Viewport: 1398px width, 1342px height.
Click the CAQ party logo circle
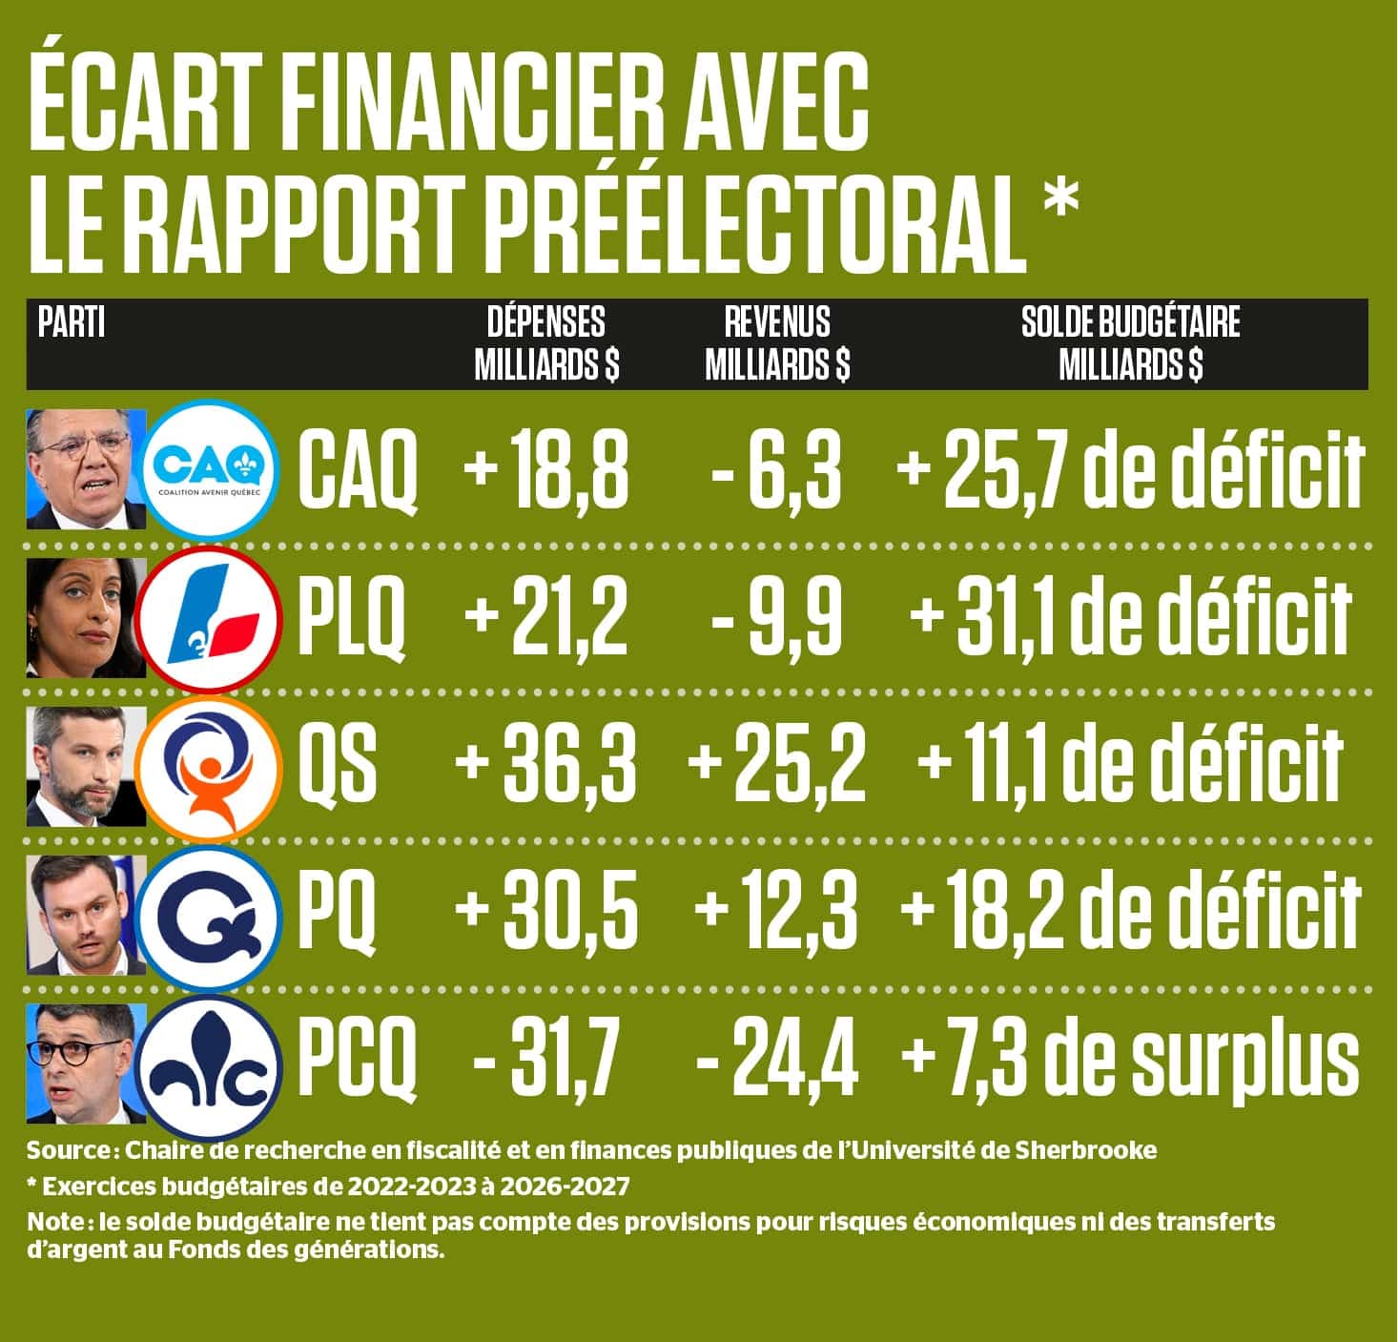pos(211,467)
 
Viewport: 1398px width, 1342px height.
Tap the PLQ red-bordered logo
pos(211,612)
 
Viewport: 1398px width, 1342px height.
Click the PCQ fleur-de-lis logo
pos(211,1060)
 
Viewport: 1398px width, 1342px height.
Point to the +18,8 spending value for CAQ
pos(546,471)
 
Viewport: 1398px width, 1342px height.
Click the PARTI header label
pos(72,323)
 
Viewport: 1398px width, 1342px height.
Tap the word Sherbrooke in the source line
pos(1095,1150)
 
